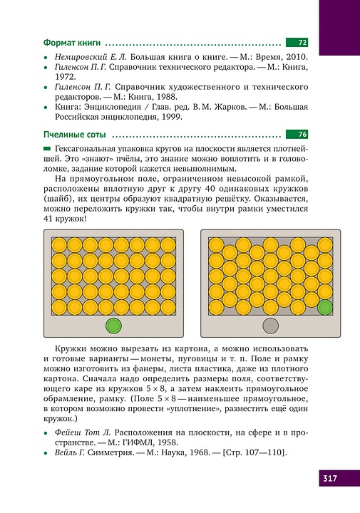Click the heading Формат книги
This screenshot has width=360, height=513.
click(71, 43)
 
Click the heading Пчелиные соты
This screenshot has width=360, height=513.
click(74, 134)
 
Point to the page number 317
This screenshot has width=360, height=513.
click(329, 478)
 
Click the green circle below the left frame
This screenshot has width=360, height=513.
click(113, 326)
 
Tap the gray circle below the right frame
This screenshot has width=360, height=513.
click(271, 326)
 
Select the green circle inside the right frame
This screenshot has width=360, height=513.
click(324, 307)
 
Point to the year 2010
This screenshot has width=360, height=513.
click(294, 55)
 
